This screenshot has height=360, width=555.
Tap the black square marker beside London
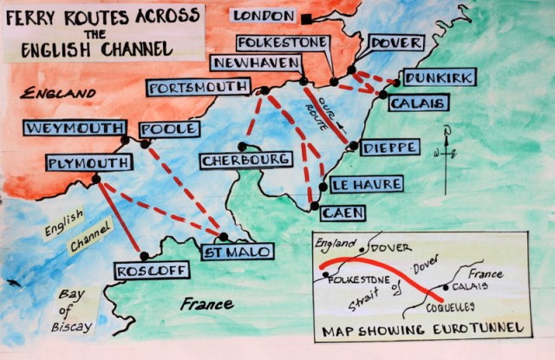[308, 18]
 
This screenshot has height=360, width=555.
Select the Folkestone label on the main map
[283, 43]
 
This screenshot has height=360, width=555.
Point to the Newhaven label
[255, 63]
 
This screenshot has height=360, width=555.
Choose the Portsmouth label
[199, 88]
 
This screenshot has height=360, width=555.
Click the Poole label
[170, 128]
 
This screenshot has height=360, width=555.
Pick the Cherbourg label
[245, 160]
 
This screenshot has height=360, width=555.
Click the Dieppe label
[389, 147]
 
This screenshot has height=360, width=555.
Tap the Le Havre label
[367, 184]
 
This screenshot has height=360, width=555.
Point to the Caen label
[341, 212]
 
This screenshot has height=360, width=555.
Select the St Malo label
[238, 252]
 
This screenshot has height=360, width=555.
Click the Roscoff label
[152, 272]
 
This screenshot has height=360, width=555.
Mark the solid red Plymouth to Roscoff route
[121, 218]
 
